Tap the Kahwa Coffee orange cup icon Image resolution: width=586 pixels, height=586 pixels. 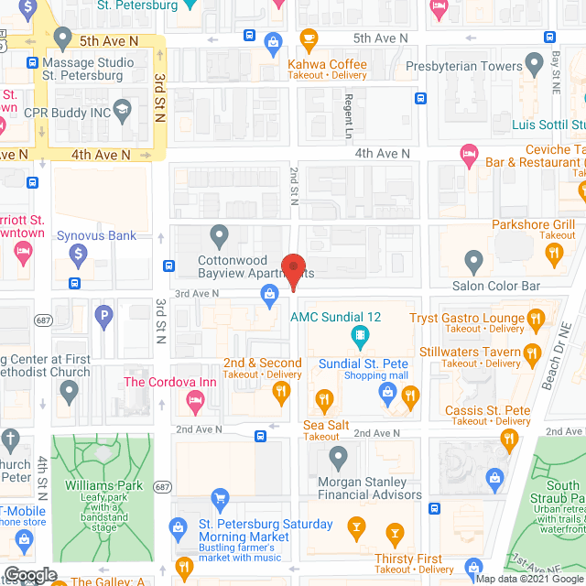309,39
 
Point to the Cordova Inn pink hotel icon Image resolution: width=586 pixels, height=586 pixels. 194,399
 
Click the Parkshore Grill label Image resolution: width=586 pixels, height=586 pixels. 533,223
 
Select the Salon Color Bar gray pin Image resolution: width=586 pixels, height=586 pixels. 473,262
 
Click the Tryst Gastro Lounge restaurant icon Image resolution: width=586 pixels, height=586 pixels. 537,319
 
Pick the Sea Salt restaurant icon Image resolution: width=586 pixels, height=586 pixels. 322,398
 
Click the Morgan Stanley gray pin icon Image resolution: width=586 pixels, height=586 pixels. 339,456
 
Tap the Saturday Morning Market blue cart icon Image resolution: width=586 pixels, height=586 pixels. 220,500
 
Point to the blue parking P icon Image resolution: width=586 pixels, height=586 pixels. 105,319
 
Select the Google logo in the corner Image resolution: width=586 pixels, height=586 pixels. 29,575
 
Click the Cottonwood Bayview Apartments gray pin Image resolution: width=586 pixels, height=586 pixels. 219,237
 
